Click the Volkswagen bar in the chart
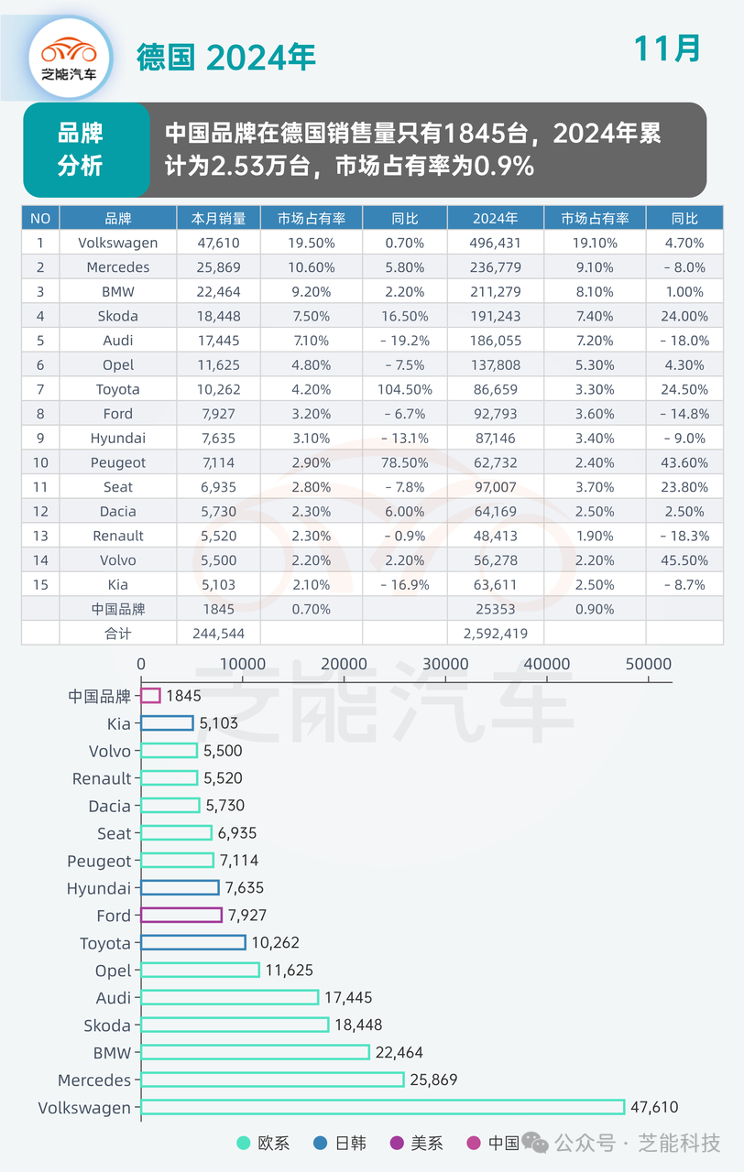[383, 1107]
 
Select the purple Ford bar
[181, 915]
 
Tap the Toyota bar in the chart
[193, 942]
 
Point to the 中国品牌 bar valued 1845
[151, 696]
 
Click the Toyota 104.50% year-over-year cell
[404, 389]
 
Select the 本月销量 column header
[218, 219]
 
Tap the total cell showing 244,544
[218, 633]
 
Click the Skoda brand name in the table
[117, 316]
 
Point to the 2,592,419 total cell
[495, 633]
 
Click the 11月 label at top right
[667, 49]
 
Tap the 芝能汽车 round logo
[69, 57]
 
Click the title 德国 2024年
[226, 57]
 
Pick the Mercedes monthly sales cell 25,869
[218, 267]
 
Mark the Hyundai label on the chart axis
[99, 888]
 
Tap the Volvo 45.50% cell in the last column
[684, 559]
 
